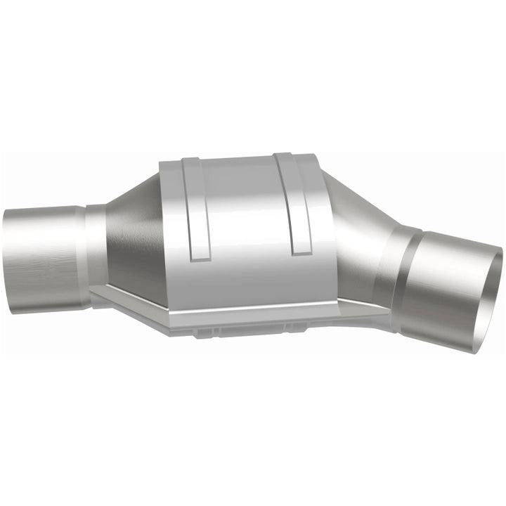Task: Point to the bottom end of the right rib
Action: pyautogui.click(x=301, y=249)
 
